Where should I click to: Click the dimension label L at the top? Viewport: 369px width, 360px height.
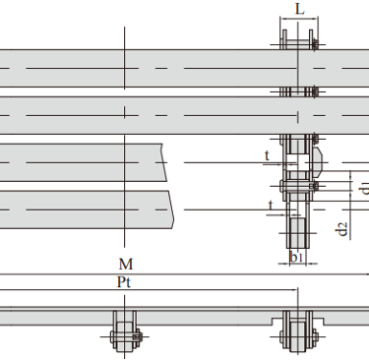click(300, 9)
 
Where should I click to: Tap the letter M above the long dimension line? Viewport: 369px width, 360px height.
click(126, 265)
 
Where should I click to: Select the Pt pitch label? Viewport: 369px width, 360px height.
click(124, 282)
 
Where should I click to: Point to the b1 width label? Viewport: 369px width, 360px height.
click(296, 258)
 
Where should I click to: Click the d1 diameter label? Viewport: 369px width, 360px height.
click(363, 188)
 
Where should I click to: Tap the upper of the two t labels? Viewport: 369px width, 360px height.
click(267, 155)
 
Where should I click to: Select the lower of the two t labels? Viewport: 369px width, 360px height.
click(271, 206)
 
